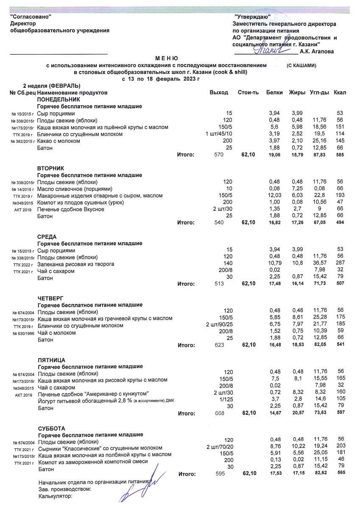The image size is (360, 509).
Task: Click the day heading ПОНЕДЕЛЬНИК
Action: [x=56, y=99]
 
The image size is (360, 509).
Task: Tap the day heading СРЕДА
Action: [x=47, y=237]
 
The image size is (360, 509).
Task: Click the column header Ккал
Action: [x=340, y=92]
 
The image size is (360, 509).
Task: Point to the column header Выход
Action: [x=219, y=92]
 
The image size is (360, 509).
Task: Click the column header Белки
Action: [x=274, y=92]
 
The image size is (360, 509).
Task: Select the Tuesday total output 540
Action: [x=221, y=222]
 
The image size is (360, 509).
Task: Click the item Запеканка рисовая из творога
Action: [x=76, y=264]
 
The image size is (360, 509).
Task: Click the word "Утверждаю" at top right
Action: [x=252, y=17]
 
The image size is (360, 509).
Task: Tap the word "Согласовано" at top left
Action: [x=31, y=17]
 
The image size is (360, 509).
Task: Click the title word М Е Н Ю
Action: [x=167, y=58]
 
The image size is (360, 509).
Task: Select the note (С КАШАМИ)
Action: [x=301, y=66]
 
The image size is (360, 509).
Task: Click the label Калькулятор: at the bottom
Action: [x=56, y=496]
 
